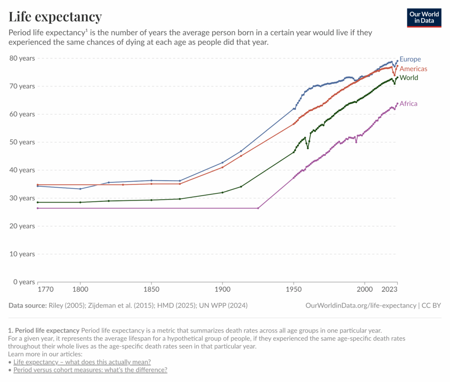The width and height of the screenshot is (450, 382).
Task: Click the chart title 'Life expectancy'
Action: point(55,17)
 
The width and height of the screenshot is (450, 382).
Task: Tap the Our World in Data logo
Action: point(424,17)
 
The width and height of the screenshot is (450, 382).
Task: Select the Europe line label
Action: point(410,59)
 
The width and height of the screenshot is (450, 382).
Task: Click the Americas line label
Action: point(413,69)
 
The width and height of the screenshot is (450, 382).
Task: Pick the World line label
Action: point(409,78)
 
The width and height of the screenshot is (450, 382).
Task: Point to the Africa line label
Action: point(408,104)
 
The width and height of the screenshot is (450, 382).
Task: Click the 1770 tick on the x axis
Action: point(46,290)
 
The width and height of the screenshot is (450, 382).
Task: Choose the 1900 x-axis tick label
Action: point(222,290)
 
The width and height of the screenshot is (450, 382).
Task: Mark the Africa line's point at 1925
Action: point(258,208)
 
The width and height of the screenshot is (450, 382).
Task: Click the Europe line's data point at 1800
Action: point(80,189)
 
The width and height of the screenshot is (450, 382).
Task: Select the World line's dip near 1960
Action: point(308,148)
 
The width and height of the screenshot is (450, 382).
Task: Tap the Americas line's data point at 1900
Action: point(222,167)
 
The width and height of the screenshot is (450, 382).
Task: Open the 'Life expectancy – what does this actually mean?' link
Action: point(82,362)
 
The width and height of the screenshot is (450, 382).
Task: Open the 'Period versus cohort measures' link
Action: point(90,370)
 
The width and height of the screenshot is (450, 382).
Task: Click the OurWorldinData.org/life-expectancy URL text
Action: point(360,306)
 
